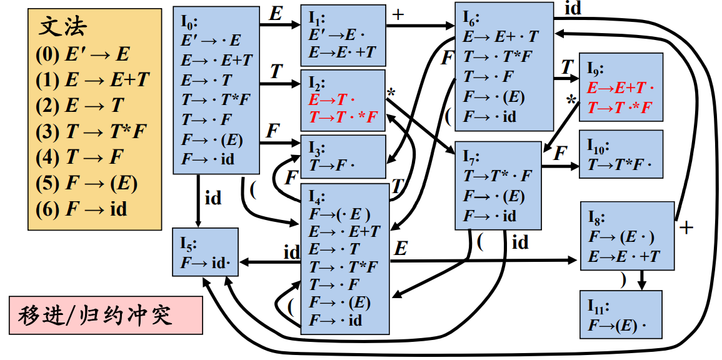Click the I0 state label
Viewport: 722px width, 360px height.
coord(189,23)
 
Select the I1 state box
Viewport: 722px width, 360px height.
coord(342,36)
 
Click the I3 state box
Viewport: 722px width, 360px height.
coord(343,157)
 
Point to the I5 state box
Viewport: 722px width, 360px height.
coord(205,252)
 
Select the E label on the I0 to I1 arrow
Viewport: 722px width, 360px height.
coord(275,14)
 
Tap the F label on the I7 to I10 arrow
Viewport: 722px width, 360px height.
coord(561,154)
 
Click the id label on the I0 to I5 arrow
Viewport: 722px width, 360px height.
coord(213,199)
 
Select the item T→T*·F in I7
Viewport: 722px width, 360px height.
coord(497,176)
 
